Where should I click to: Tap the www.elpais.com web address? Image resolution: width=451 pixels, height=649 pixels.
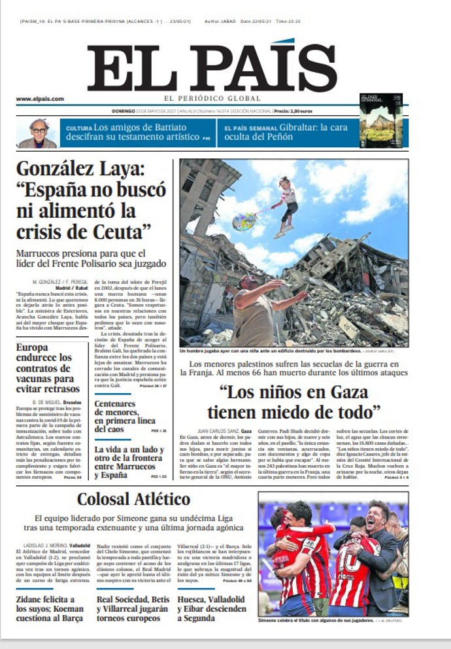40,99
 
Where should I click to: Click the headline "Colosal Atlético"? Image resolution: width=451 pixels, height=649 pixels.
133,500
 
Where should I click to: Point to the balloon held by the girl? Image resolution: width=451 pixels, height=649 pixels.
244,222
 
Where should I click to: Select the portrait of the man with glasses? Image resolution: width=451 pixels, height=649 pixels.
38,133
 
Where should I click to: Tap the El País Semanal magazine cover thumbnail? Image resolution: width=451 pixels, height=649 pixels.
380,120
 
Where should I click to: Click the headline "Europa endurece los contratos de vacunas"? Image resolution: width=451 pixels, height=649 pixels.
44,368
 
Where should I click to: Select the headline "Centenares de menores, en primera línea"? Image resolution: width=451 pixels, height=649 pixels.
125,416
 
